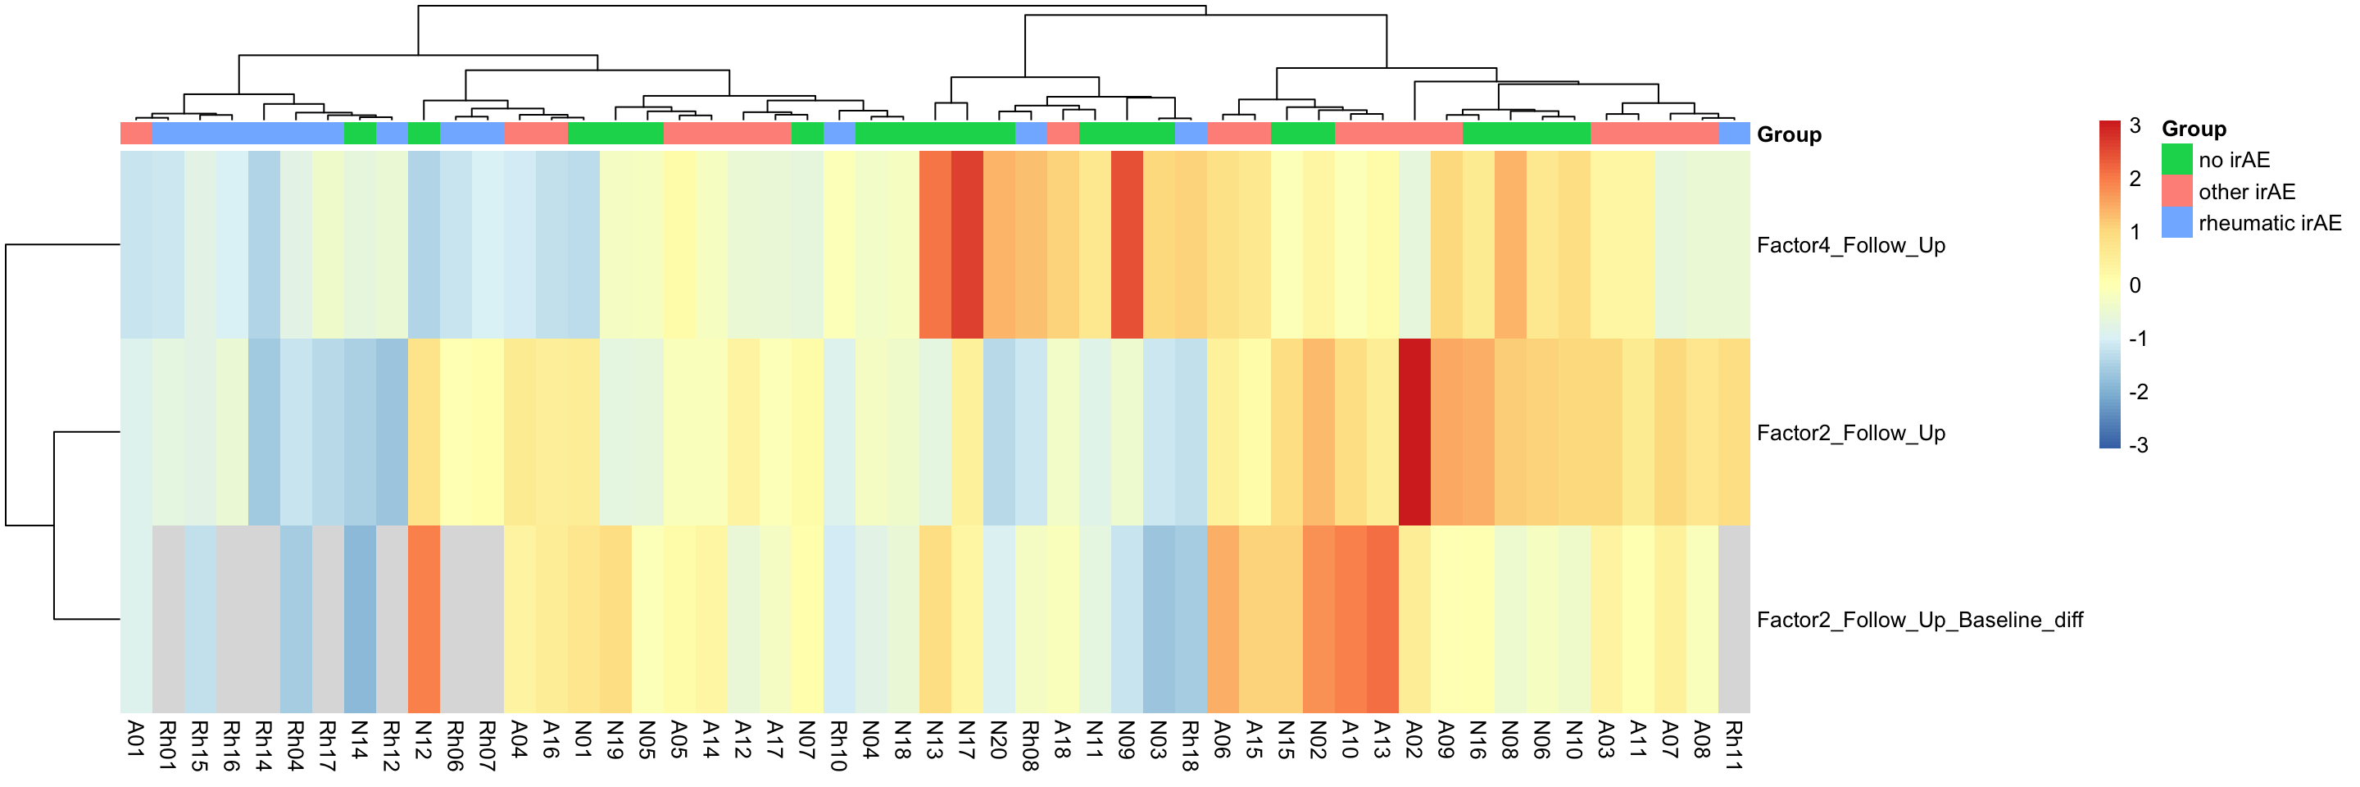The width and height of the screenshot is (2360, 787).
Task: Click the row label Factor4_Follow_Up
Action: click(x=1849, y=246)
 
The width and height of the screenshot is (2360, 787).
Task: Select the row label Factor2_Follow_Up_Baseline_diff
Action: click(x=1918, y=621)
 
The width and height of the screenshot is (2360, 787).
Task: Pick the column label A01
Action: click(x=135, y=739)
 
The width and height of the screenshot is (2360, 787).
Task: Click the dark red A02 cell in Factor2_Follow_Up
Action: click(x=1414, y=432)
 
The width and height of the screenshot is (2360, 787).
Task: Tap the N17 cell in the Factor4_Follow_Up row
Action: click(x=967, y=244)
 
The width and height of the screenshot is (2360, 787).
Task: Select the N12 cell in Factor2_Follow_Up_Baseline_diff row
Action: click(x=424, y=619)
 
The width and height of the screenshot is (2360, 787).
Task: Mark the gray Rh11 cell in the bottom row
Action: click(x=1733, y=619)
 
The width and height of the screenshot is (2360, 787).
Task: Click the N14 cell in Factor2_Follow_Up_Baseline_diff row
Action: click(x=359, y=619)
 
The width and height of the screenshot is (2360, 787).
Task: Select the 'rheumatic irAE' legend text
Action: click(x=2268, y=224)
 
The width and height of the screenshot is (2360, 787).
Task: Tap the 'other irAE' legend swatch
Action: click(x=2176, y=192)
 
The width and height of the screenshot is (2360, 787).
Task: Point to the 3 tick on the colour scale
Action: click(x=2134, y=126)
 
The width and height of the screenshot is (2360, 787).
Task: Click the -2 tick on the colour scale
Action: click(x=2137, y=392)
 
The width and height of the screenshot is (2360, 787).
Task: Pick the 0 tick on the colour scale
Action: click(x=2135, y=286)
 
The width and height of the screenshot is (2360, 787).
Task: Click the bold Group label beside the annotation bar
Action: click(x=1788, y=134)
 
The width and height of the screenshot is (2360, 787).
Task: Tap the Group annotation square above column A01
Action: click(x=135, y=134)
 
